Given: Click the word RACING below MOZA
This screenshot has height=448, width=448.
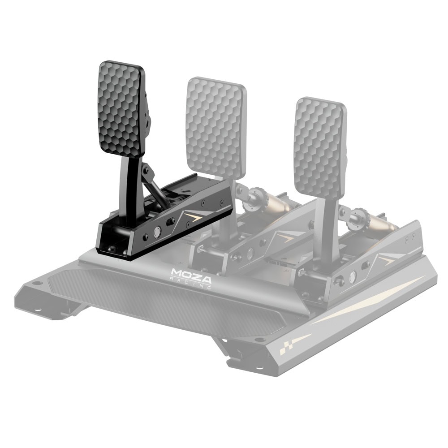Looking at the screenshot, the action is tap(190, 283).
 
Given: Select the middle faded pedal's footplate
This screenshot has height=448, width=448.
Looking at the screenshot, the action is tap(216, 129).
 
